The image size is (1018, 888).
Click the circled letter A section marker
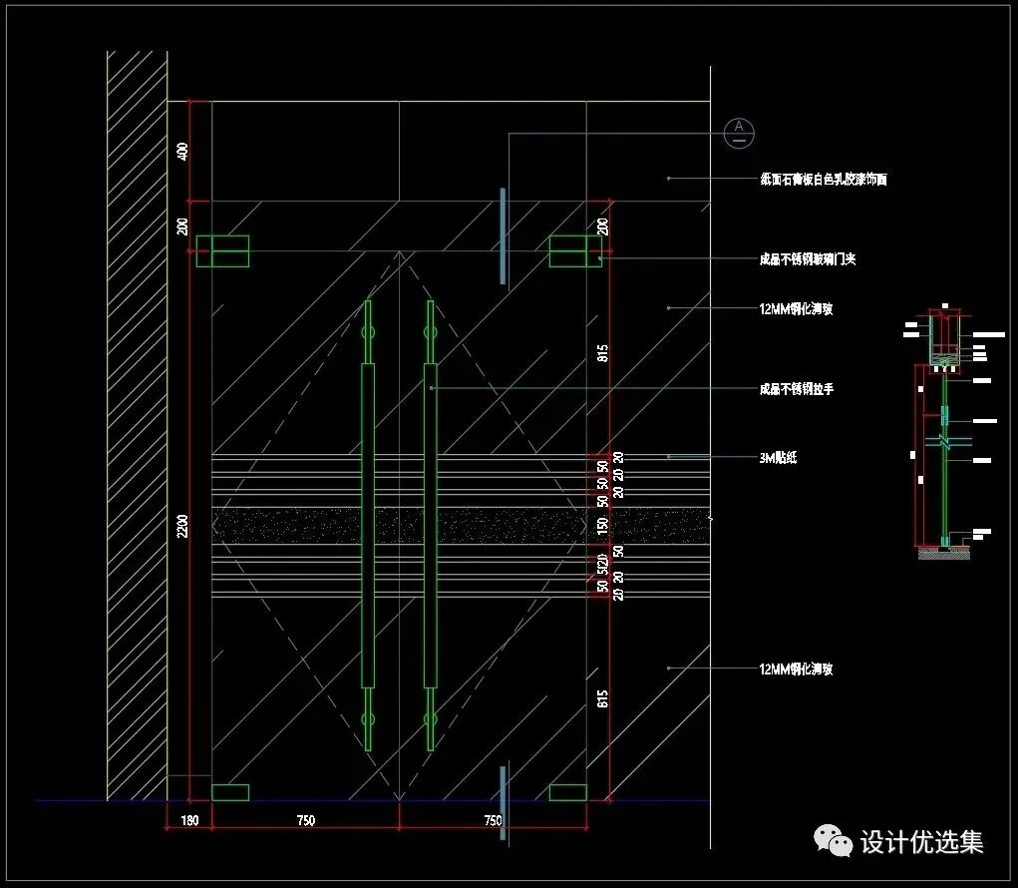click(x=739, y=131)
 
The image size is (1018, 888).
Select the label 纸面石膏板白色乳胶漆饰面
click(x=823, y=180)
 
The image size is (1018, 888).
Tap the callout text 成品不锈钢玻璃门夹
click(x=808, y=259)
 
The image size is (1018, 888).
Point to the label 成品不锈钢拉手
click(x=796, y=389)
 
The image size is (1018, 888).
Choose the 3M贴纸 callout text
click(x=778, y=458)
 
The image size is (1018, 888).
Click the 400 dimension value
click(x=182, y=152)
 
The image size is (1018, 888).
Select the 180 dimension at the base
click(x=189, y=821)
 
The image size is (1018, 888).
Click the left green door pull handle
click(x=367, y=524)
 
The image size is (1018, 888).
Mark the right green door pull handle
click(x=430, y=524)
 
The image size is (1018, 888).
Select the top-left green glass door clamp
click(x=221, y=251)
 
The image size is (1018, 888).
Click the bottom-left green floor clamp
click(x=230, y=792)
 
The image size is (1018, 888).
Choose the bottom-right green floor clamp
click(x=568, y=792)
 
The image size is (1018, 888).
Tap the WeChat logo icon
click(x=834, y=841)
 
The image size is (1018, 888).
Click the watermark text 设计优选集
click(x=921, y=842)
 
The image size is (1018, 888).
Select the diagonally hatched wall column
click(x=137, y=424)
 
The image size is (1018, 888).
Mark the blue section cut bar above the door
click(x=503, y=234)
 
